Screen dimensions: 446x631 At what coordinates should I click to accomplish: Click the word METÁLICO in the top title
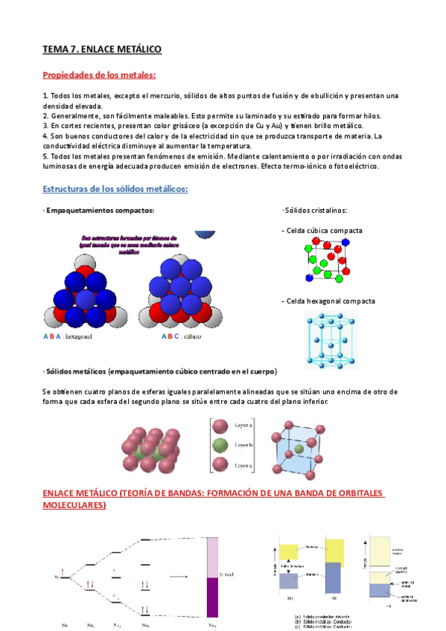click(x=136, y=49)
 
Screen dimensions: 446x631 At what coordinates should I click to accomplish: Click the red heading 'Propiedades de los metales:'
click(x=99, y=75)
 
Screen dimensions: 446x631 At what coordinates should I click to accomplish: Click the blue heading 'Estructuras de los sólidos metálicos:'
click(x=115, y=189)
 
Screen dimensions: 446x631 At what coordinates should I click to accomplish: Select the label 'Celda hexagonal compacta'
click(x=328, y=301)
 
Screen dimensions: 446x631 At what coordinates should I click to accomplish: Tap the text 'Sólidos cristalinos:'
click(x=316, y=211)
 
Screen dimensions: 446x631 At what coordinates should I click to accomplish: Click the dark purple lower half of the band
click(x=212, y=598)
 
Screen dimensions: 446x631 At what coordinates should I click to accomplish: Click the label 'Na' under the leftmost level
click(x=66, y=624)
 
